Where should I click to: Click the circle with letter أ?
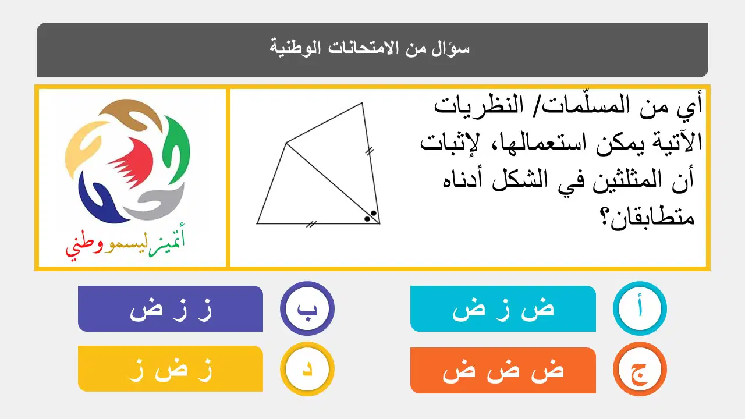(x=640, y=308)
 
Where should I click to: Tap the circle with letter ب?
(x=307, y=308)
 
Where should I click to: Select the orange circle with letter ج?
(x=640, y=369)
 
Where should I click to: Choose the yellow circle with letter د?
(x=307, y=369)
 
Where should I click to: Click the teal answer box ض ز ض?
(x=503, y=308)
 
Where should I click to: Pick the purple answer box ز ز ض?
(x=171, y=308)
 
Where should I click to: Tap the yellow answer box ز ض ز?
(x=171, y=369)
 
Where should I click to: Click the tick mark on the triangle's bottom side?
(x=311, y=225)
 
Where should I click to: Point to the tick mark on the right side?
(x=370, y=152)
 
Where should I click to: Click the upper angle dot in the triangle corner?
(x=374, y=213)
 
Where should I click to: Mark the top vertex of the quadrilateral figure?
(x=362, y=103)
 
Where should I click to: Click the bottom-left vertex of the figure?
(x=257, y=223)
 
